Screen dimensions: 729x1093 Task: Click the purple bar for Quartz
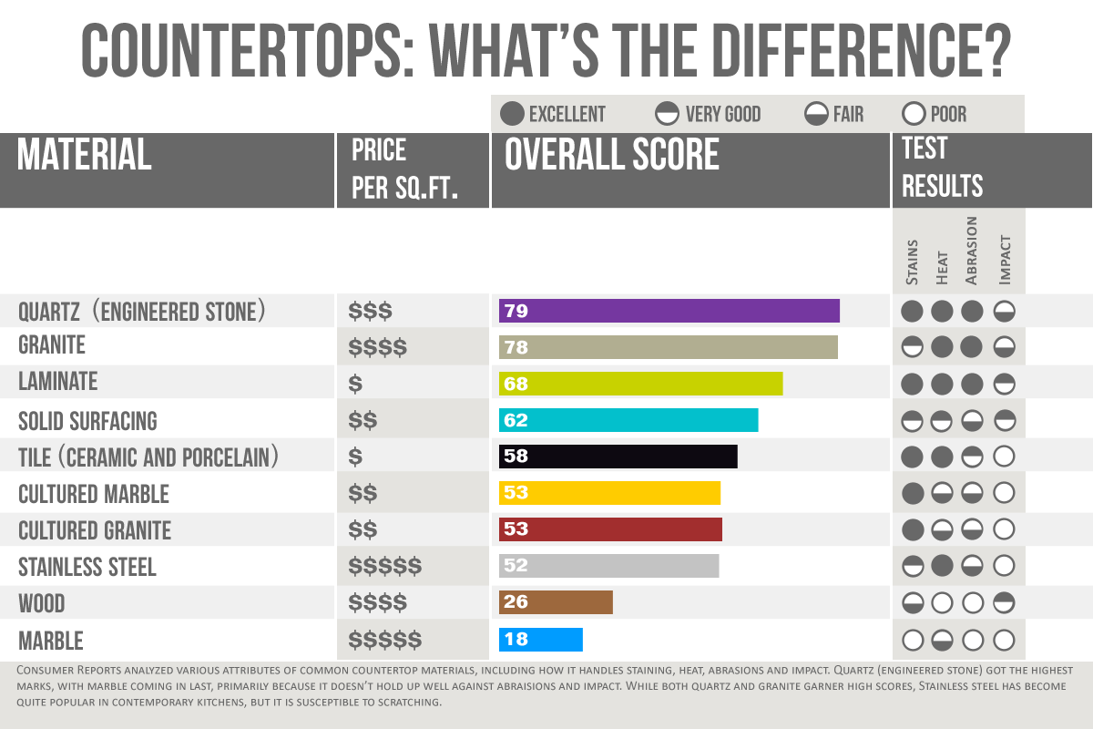(x=669, y=311)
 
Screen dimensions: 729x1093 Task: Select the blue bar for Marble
(x=540, y=639)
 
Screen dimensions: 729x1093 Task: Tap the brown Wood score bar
(x=556, y=602)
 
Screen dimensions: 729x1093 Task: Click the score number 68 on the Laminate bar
(x=516, y=384)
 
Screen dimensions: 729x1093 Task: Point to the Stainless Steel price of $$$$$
(x=384, y=567)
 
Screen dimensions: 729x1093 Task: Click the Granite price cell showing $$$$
(x=377, y=347)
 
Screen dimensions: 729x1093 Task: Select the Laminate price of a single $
(x=355, y=385)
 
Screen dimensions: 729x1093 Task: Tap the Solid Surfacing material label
(x=87, y=421)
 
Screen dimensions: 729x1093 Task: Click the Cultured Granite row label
(x=95, y=530)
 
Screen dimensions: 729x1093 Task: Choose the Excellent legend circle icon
(x=513, y=114)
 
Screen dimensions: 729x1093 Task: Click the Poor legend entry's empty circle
(x=913, y=114)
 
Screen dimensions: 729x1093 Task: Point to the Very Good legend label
(x=722, y=114)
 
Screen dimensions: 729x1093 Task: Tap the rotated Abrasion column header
(x=971, y=251)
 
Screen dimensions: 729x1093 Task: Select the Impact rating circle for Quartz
(x=1004, y=311)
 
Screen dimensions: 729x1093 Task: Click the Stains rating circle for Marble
(x=913, y=639)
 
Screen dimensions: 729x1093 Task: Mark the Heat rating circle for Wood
(x=943, y=602)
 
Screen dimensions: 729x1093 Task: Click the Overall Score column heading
(x=612, y=156)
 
